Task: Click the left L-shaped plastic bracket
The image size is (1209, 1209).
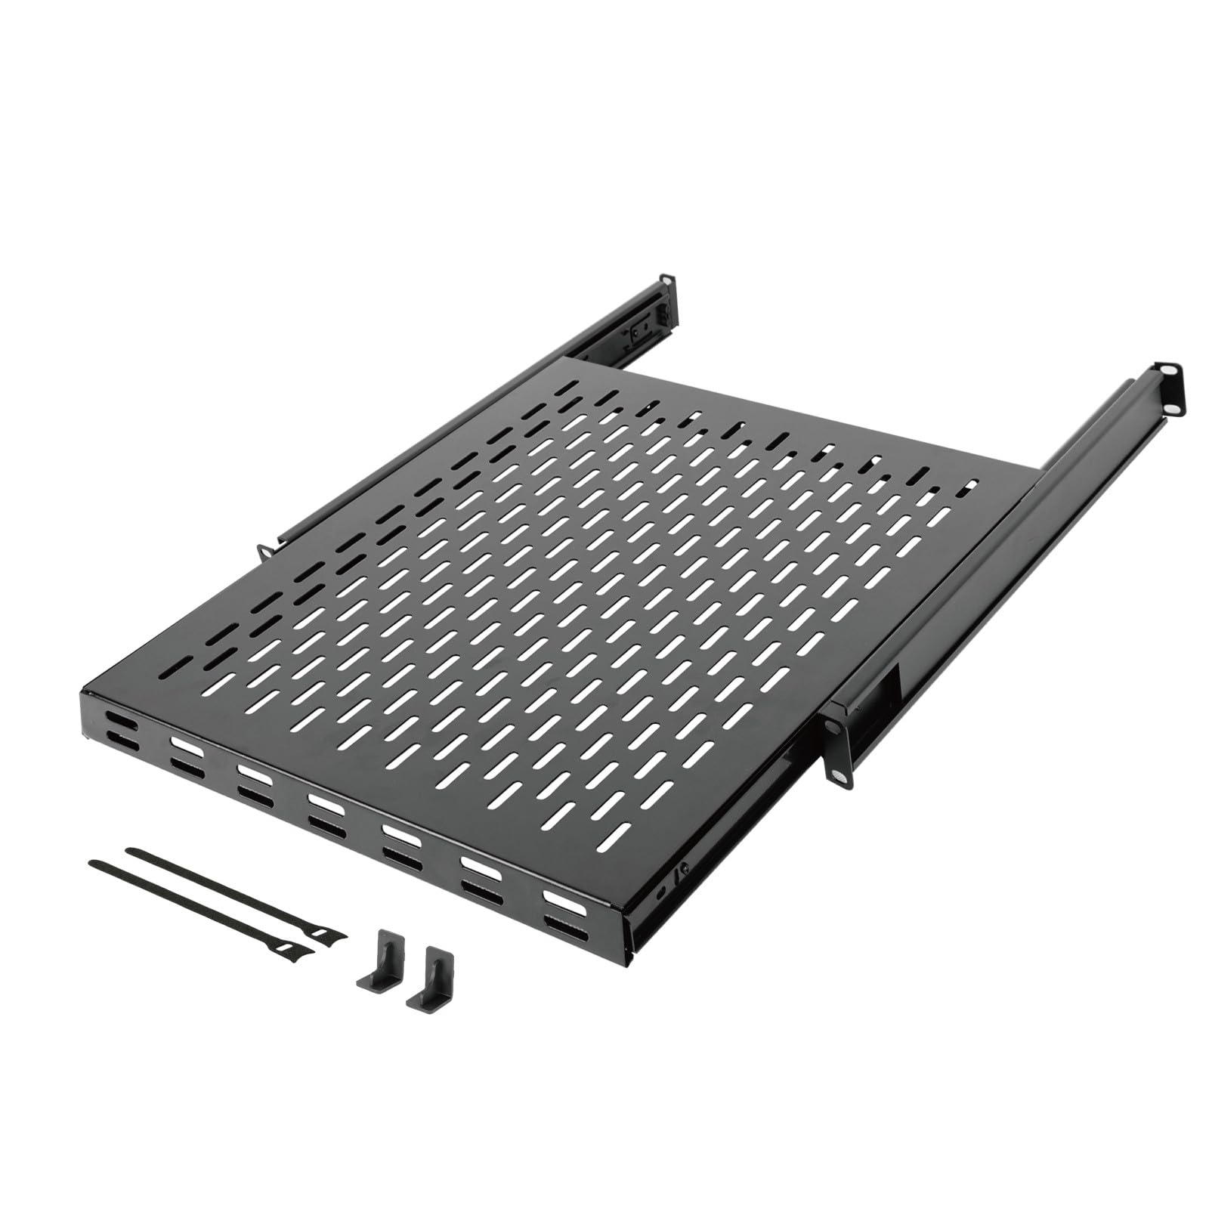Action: [374, 960]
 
